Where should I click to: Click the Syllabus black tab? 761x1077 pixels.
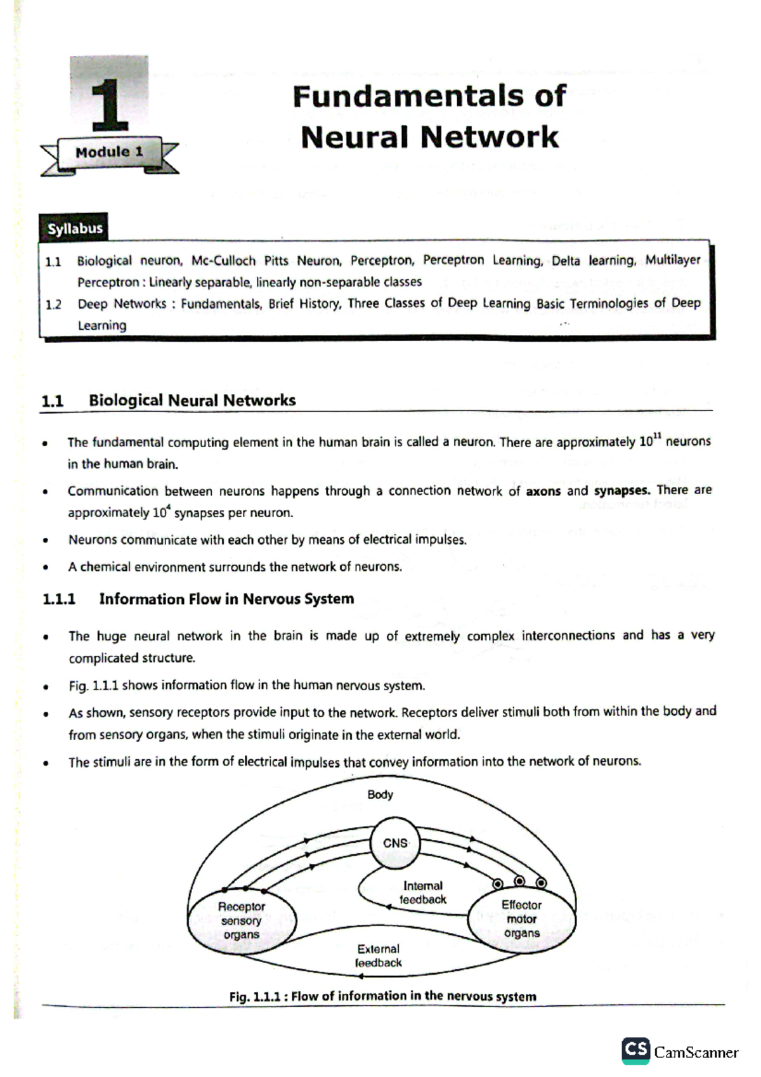click(x=74, y=228)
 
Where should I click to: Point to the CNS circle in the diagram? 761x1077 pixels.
click(x=395, y=843)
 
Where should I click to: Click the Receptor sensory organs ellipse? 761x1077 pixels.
click(x=241, y=920)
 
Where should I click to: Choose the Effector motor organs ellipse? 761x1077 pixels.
click(x=521, y=919)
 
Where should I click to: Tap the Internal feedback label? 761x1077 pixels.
click(x=423, y=892)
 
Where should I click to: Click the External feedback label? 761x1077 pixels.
click(x=379, y=956)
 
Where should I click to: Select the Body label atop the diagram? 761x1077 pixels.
click(x=380, y=795)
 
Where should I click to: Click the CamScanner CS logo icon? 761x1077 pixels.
click(x=635, y=1050)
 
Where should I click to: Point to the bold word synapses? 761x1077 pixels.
click(x=621, y=490)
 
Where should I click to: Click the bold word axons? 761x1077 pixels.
click(x=543, y=491)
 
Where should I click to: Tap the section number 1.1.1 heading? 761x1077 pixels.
click(x=59, y=599)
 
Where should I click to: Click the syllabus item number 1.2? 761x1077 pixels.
click(x=53, y=304)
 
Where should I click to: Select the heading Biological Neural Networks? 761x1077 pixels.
click(x=192, y=400)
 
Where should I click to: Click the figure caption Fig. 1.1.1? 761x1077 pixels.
click(x=382, y=996)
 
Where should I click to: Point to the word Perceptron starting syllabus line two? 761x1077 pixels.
click(x=108, y=282)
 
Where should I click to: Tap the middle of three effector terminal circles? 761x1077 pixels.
click(x=519, y=881)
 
